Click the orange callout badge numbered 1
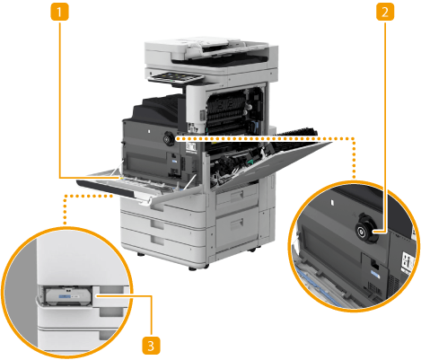click(59, 12)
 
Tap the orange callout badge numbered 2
click(385, 12)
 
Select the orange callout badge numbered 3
click(151, 346)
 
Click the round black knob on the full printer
click(169, 138)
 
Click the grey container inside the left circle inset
click(68, 295)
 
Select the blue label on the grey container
click(65, 296)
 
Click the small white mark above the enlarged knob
click(332, 203)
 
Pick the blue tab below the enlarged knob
click(375, 275)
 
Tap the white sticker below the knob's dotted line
click(190, 147)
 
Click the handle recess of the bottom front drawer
click(157, 241)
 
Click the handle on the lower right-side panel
click(237, 223)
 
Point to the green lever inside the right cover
click(249, 162)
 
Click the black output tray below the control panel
click(157, 110)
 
